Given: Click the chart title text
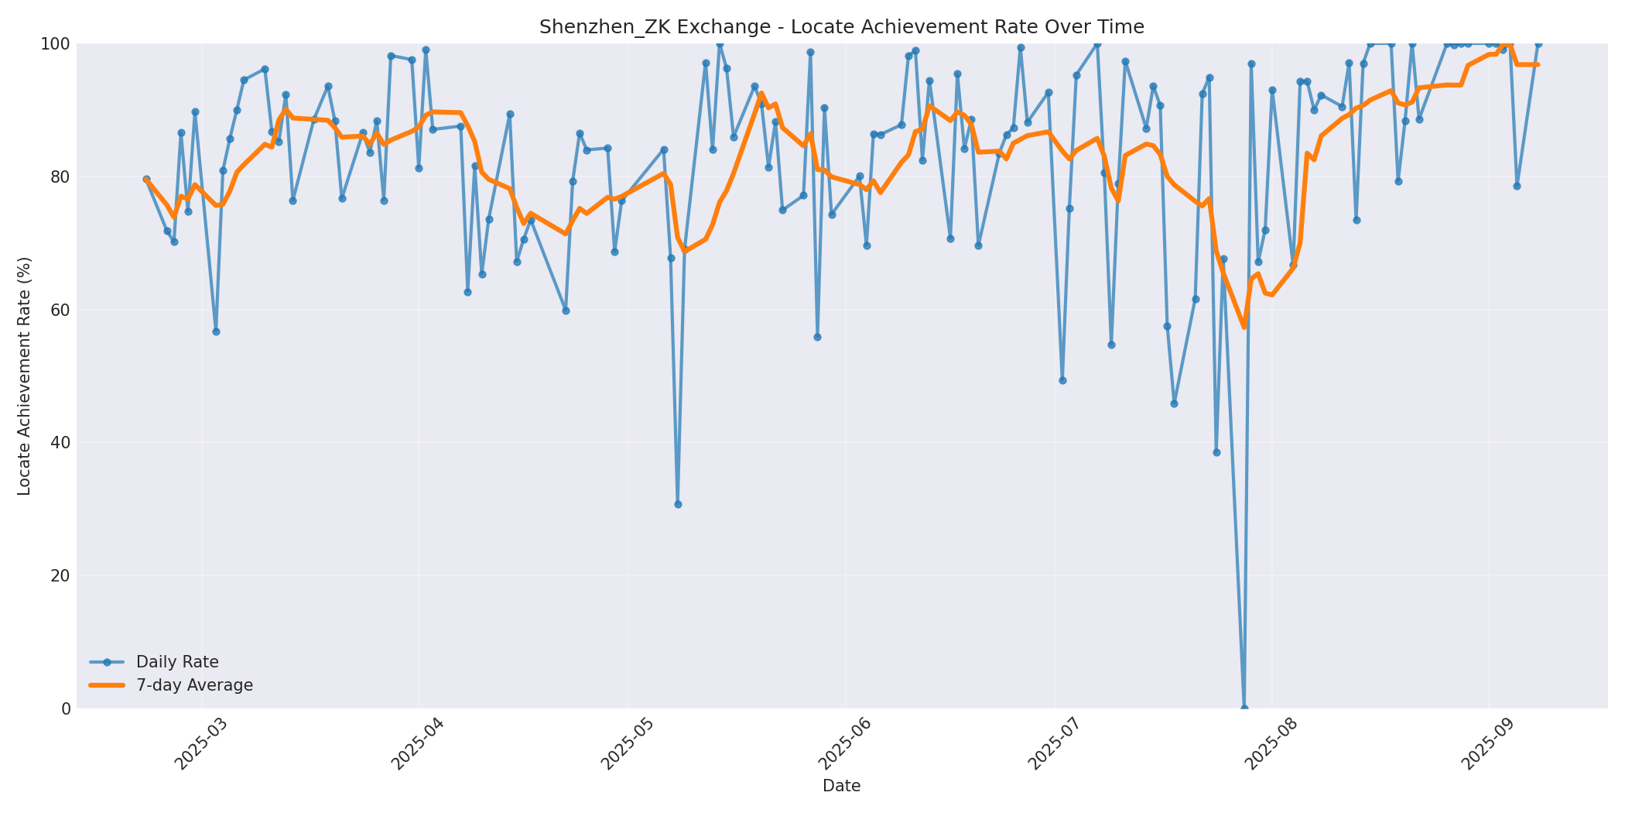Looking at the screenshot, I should coord(841,27).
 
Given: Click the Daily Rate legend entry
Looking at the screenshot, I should coord(177,662).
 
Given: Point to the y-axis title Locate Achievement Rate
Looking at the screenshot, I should coord(24,376).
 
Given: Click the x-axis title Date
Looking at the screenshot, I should coord(841,786).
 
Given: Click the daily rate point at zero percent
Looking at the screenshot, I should coord(1244,708).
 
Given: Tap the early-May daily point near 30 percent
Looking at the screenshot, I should coord(678,504).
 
